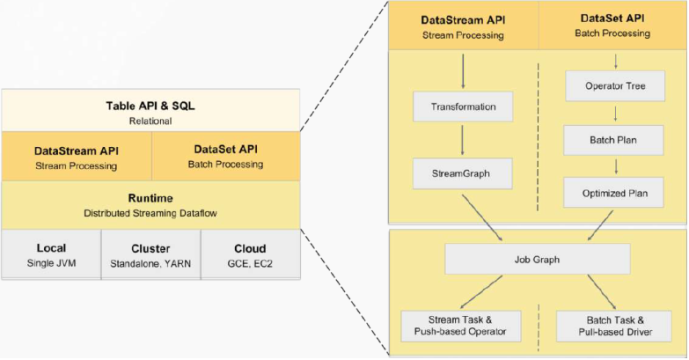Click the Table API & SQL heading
coord(150,106)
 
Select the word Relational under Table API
coord(150,121)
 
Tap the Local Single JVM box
coord(51,254)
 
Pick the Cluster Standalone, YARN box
coord(150,254)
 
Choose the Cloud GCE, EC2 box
coord(250,254)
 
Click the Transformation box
coord(463,107)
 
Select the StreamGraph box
coord(463,173)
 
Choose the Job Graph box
coord(538,259)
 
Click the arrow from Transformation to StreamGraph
coord(463,141)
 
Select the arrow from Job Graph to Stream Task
coord(483,291)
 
